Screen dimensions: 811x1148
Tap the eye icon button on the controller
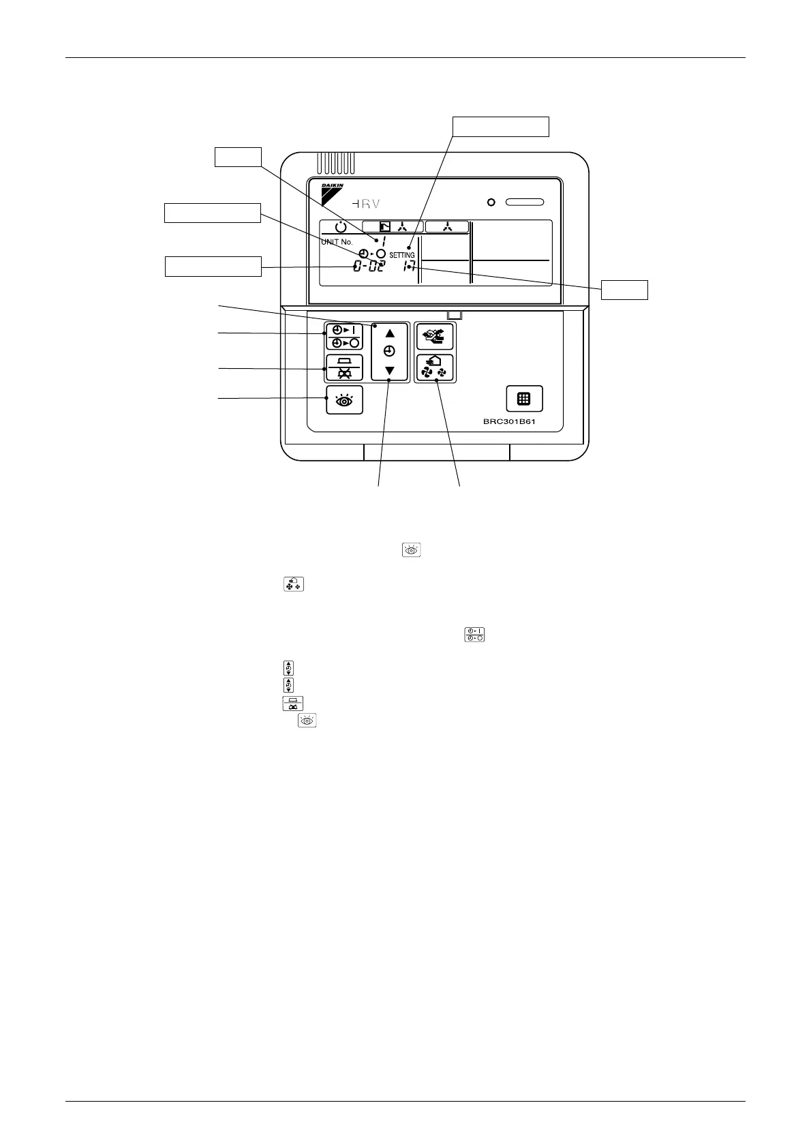click(x=345, y=400)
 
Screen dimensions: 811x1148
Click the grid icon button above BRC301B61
click(x=524, y=399)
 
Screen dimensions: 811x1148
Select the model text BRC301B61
click(x=515, y=421)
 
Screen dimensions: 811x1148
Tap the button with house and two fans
click(x=435, y=368)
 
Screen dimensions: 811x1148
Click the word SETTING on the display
click(x=402, y=255)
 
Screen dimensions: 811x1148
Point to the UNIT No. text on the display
click(x=337, y=242)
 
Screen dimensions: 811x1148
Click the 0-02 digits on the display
click(x=368, y=267)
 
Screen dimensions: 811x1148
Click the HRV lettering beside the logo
click(x=366, y=203)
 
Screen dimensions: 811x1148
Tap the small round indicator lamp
click(x=491, y=202)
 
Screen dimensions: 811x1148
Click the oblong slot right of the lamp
click(x=525, y=202)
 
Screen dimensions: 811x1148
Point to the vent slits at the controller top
click(x=335, y=163)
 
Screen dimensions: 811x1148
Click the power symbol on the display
click(x=341, y=227)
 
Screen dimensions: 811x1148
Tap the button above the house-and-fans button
click(x=435, y=336)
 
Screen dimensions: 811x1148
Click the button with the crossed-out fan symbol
click(x=345, y=368)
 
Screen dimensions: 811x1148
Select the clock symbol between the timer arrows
click(x=389, y=352)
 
